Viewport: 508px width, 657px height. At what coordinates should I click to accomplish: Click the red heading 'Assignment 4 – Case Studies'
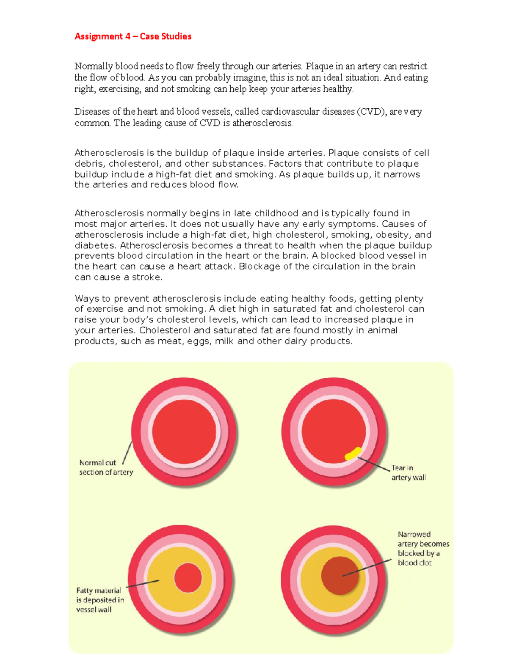[133, 36]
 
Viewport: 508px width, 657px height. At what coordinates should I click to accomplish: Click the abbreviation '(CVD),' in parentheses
[371, 112]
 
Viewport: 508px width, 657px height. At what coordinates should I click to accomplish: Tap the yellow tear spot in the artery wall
[353, 453]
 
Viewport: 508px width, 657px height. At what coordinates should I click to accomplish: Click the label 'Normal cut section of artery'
[106, 467]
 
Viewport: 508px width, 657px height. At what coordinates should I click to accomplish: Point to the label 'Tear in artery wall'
[408, 473]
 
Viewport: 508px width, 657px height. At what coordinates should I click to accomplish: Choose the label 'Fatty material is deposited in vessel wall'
[99, 600]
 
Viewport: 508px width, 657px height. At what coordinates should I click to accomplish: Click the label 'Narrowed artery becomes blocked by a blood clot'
[422, 548]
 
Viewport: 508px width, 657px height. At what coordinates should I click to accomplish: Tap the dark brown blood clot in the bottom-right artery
[340, 576]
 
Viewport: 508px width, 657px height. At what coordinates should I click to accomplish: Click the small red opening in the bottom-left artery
[188, 578]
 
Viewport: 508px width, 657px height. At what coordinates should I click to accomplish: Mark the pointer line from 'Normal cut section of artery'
[127, 453]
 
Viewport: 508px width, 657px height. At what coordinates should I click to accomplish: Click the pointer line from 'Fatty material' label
[143, 584]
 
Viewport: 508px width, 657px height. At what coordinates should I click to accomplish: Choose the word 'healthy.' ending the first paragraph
[338, 89]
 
